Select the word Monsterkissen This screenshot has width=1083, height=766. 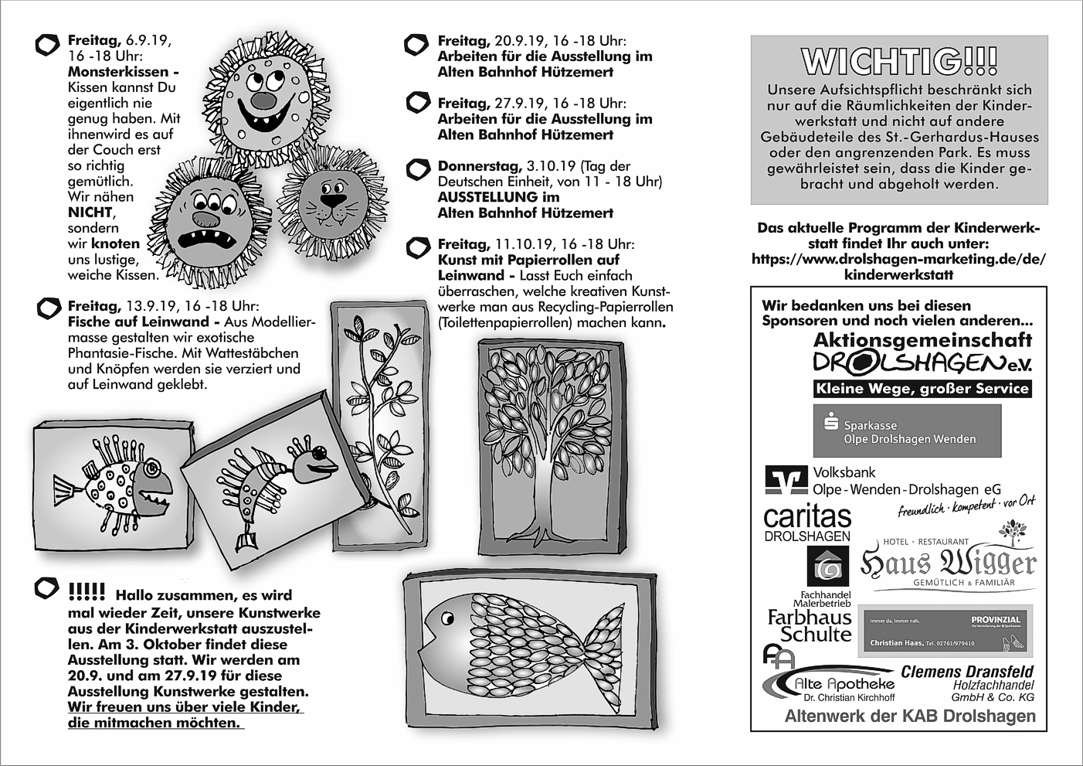pos(117,72)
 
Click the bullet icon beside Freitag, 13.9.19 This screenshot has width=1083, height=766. pos(48,308)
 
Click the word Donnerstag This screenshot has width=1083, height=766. pos(480,166)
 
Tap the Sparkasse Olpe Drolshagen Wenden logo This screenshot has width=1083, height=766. pos(907,431)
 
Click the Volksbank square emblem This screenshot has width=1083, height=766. pos(786,480)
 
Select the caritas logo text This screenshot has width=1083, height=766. pos(806,517)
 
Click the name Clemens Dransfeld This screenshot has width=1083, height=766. pos(966,672)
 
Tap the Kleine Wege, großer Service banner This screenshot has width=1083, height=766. pos(922,389)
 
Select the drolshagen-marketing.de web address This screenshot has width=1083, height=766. pos(898,259)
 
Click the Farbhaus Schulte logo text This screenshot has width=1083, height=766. pos(810,625)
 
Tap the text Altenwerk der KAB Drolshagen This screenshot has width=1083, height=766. pos(910,717)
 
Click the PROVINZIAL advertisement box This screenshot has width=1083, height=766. pos(946,631)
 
